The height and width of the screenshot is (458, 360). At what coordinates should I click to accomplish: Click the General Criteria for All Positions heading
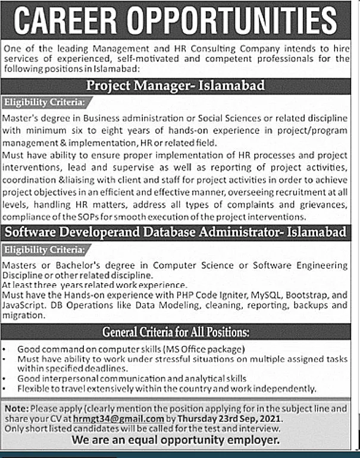tap(176, 331)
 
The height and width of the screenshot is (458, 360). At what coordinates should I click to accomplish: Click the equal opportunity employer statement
tap(176, 440)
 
